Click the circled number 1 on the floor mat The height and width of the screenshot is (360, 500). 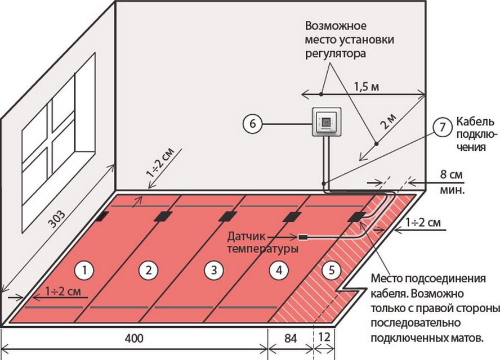[84, 271]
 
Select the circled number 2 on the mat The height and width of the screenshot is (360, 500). [148, 271]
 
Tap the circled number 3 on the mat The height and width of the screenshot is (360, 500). [212, 271]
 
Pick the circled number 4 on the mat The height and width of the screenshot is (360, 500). [276, 271]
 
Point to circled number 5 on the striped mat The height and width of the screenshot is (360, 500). [333, 271]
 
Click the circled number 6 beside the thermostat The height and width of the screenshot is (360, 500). [253, 123]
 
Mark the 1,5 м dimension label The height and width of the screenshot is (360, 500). [366, 87]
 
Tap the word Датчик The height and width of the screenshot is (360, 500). [245, 236]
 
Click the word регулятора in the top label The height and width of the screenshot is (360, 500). [336, 54]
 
